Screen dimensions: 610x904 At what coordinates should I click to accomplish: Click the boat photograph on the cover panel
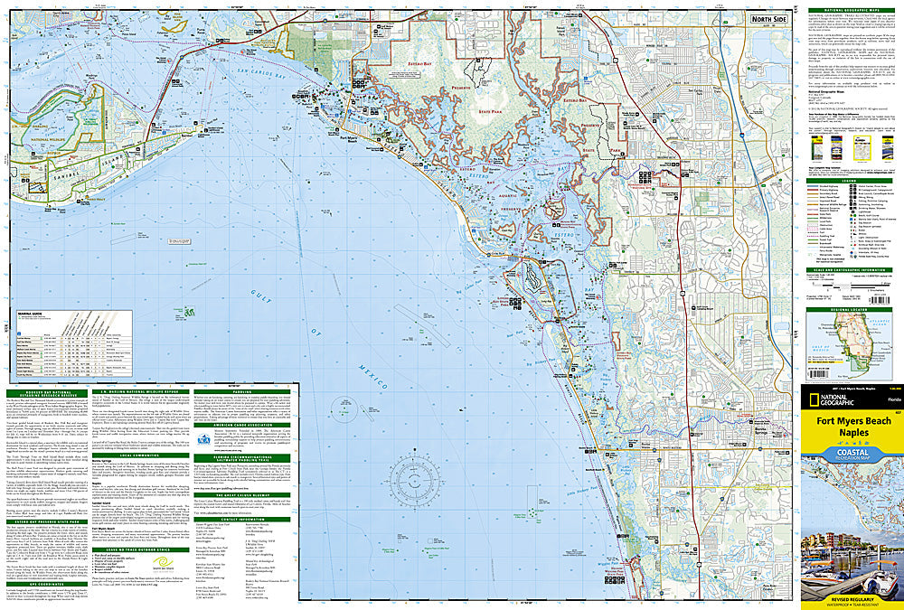tap(851, 560)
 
